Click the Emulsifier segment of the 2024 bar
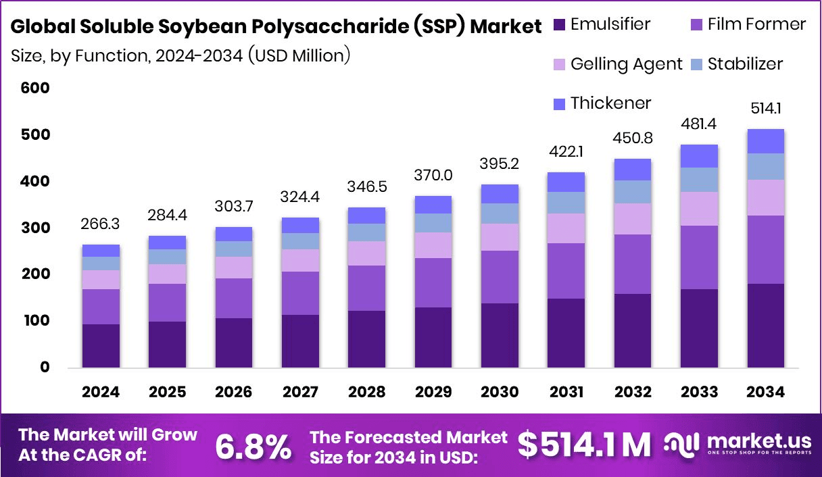point(101,345)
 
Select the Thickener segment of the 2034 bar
point(765,141)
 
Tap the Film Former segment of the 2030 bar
point(500,277)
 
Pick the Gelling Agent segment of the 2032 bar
point(632,219)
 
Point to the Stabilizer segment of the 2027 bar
point(300,241)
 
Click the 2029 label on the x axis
point(433,392)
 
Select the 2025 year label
point(167,392)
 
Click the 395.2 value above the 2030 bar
point(500,165)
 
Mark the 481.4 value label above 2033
point(699,124)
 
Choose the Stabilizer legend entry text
point(745,64)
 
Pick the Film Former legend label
point(756,25)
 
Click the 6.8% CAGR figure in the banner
point(253,445)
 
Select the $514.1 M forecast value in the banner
point(584,444)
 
